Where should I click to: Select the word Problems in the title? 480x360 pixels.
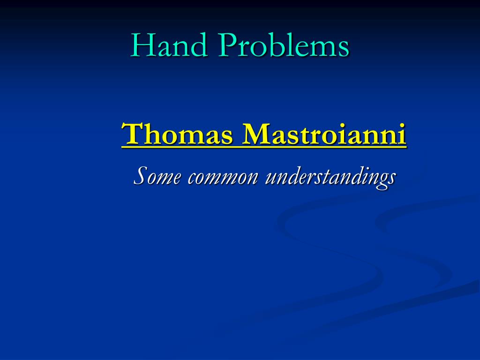click(x=284, y=46)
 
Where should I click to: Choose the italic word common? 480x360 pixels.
click(x=223, y=178)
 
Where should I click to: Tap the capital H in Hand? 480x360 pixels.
click(x=142, y=46)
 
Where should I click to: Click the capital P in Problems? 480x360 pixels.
click(x=228, y=46)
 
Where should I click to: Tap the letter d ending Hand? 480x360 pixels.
click(x=198, y=46)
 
